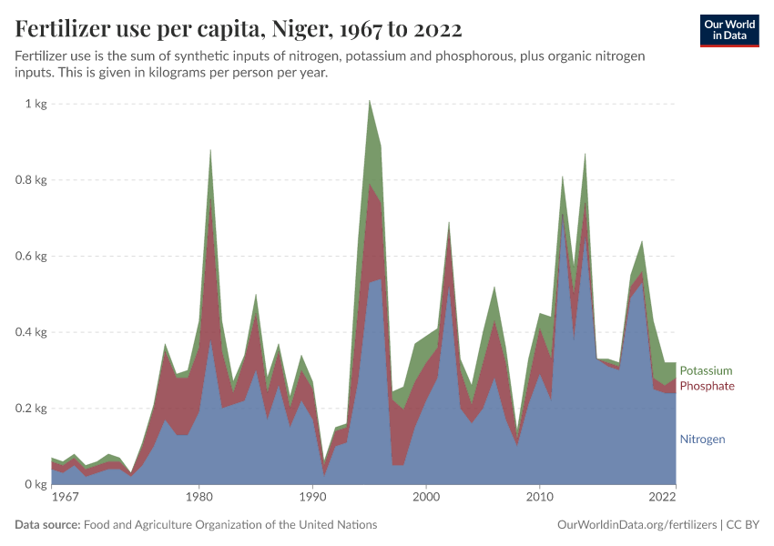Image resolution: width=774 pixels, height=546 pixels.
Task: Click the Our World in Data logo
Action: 728,30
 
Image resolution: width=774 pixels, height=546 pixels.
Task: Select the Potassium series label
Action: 706,370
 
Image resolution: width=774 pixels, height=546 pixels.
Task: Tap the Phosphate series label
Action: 707,387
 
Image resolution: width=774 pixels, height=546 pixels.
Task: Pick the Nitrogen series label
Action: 702,440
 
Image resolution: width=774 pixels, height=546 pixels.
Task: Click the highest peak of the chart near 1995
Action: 369,101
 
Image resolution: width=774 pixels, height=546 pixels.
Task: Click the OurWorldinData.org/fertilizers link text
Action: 635,525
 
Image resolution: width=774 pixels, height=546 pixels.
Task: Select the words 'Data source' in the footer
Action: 46,525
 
